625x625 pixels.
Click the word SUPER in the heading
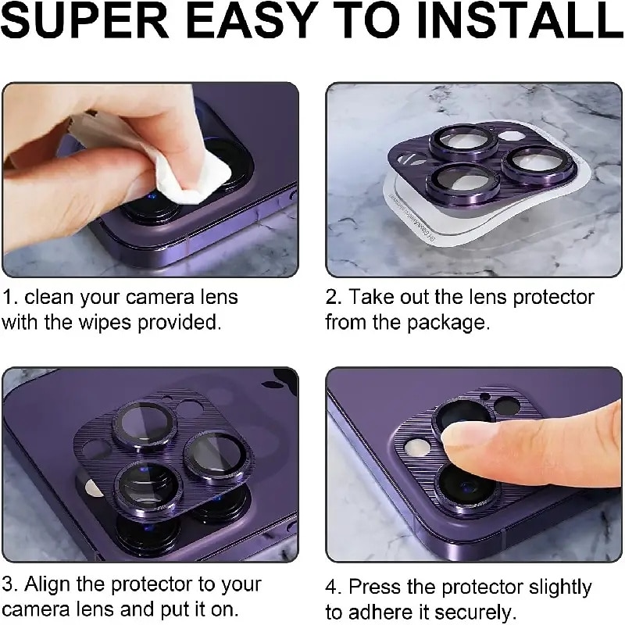pyautogui.click(x=85, y=21)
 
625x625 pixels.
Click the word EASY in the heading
pyautogui.click(x=250, y=21)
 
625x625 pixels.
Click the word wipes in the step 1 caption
pyautogui.click(x=105, y=322)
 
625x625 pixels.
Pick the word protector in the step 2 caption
pyautogui.click(x=553, y=298)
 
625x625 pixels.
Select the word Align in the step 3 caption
pyautogui.click(x=48, y=585)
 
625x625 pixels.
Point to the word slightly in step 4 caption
pyautogui.click(x=560, y=587)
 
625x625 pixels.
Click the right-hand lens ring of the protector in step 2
pyautogui.click(x=537, y=162)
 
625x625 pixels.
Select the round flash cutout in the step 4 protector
pyautogui.click(x=416, y=448)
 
